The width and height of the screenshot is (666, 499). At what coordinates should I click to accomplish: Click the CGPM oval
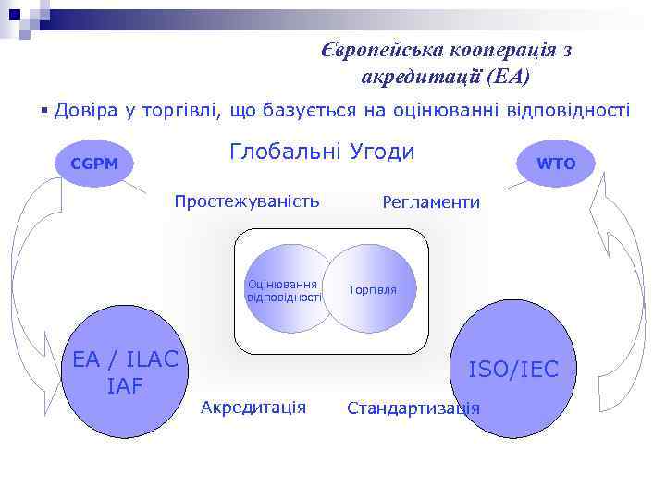95,164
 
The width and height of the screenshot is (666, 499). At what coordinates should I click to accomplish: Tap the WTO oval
556,164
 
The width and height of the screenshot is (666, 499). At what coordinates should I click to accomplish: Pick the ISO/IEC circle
513,370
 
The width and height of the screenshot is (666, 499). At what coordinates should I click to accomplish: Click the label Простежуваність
247,201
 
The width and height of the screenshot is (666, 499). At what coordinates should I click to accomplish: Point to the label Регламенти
431,202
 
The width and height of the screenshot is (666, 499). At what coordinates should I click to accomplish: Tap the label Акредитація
253,407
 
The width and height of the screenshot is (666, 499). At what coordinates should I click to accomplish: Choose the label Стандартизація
413,408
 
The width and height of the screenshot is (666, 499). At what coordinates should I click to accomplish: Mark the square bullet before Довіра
44,112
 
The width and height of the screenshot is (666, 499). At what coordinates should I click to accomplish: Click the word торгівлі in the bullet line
188,111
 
